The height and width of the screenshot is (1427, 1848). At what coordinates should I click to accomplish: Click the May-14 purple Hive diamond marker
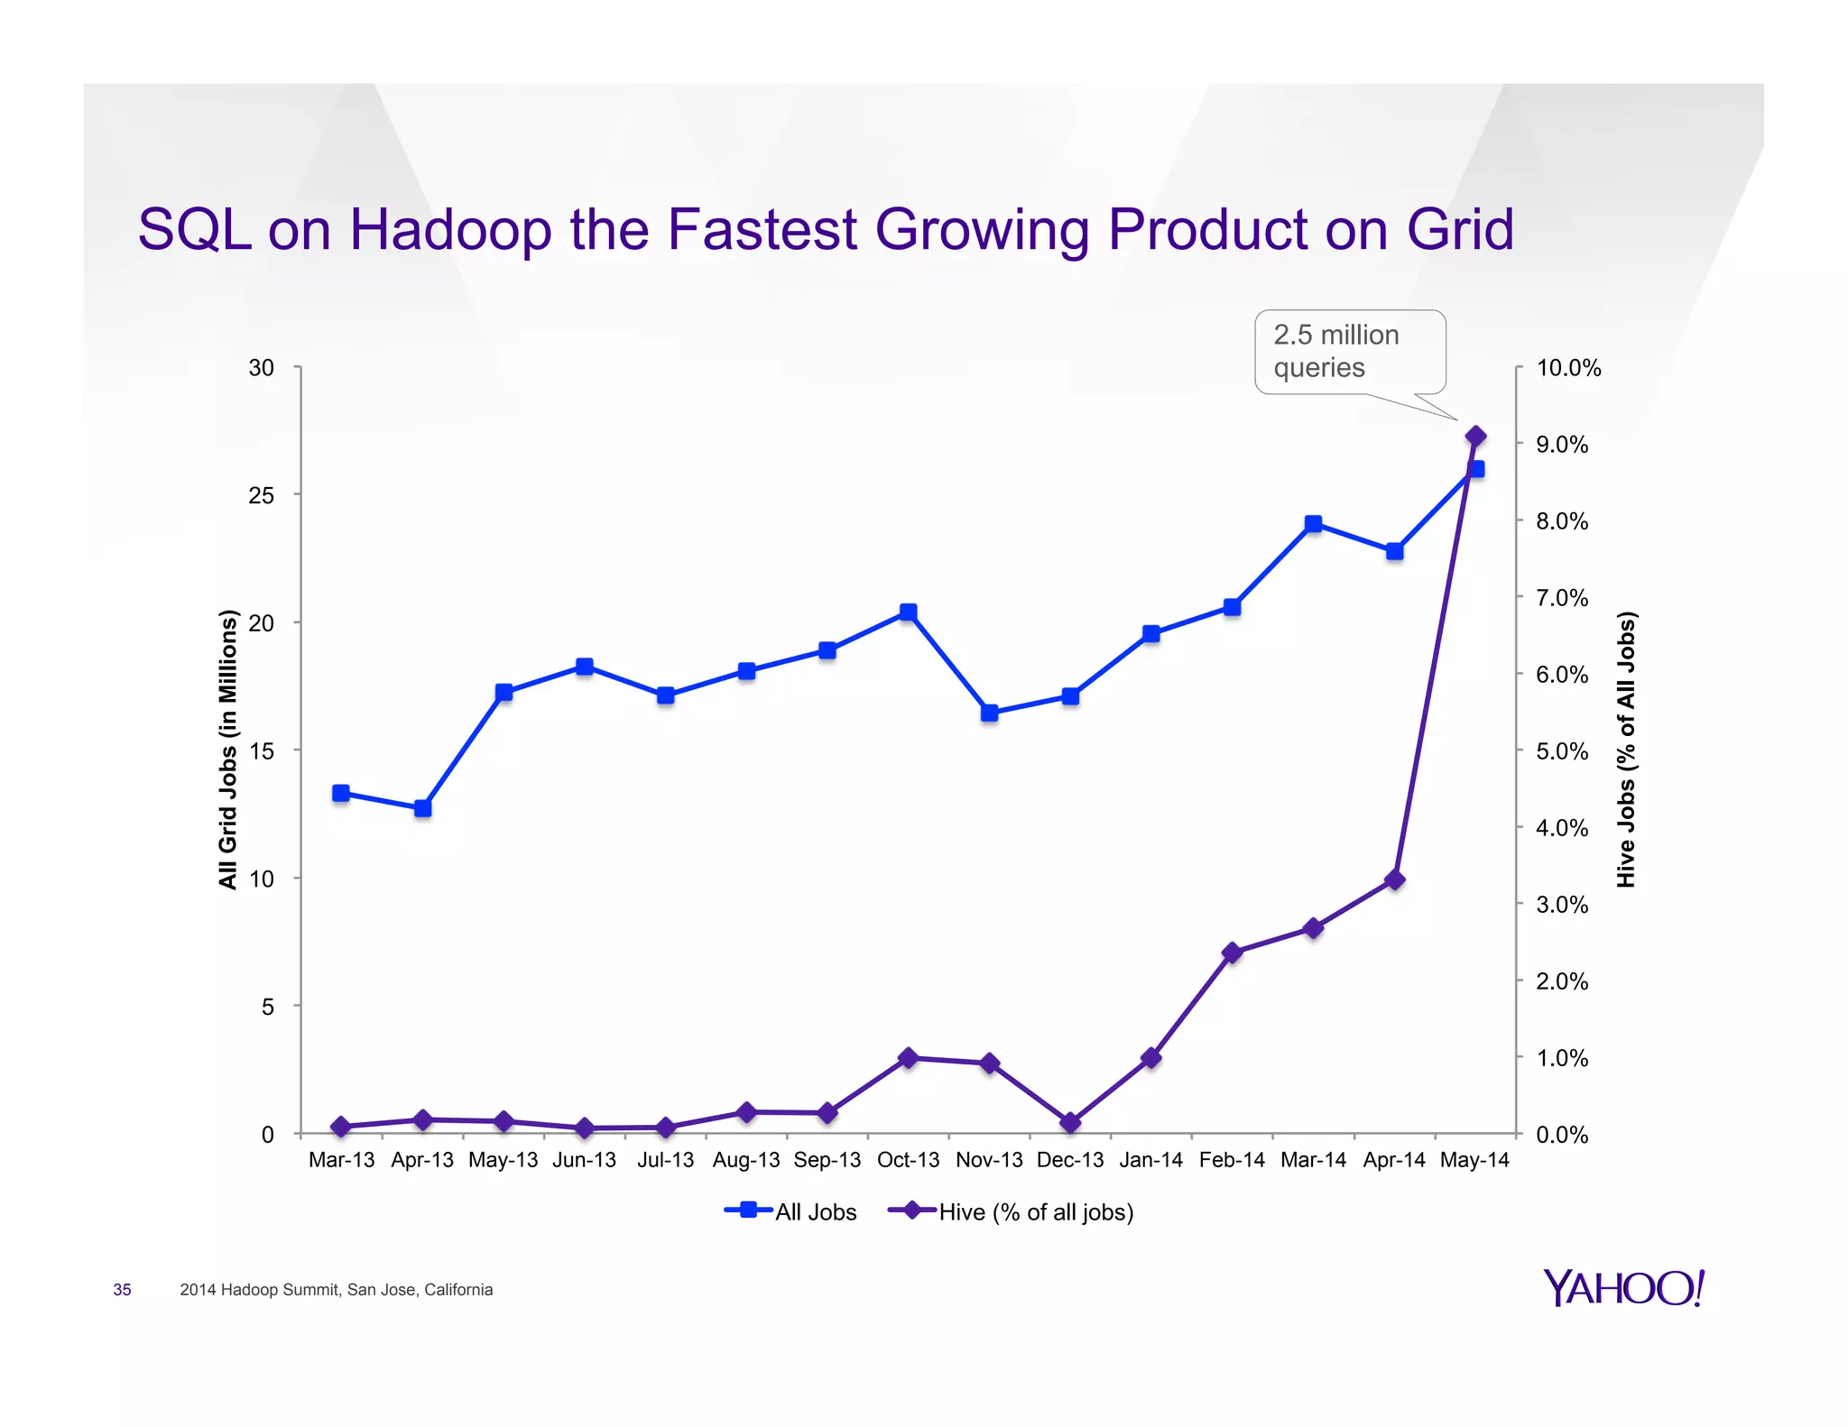coord(1475,437)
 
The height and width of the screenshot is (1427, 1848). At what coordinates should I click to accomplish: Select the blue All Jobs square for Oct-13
coord(908,612)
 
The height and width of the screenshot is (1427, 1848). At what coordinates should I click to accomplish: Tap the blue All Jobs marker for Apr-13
coord(422,808)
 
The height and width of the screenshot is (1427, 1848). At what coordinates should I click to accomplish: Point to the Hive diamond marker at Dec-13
coord(1070,1123)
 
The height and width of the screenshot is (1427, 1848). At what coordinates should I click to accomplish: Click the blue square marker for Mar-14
coord(1313,524)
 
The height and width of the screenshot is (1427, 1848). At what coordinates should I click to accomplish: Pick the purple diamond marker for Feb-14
coord(1233,953)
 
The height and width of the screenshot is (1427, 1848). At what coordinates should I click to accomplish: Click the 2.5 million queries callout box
coord(1349,352)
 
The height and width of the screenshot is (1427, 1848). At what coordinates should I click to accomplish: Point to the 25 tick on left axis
coord(261,495)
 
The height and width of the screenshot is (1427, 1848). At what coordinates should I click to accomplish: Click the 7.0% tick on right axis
coord(1562,598)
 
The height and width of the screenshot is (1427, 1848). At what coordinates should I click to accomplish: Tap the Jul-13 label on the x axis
coord(665,1160)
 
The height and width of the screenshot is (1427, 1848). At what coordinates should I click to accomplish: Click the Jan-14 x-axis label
coord(1150,1160)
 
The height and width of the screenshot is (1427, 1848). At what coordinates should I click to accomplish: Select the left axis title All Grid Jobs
coord(228,749)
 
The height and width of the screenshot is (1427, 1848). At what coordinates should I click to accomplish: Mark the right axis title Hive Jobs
coord(1625,749)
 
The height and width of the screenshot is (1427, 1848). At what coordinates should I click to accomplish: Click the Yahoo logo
coord(1623,1288)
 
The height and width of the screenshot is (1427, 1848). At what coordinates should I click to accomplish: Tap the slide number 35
coord(122,1290)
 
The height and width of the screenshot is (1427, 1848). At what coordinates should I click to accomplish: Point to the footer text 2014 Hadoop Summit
coord(336,1290)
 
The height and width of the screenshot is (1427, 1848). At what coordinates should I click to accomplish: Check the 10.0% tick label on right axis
coord(1568,368)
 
